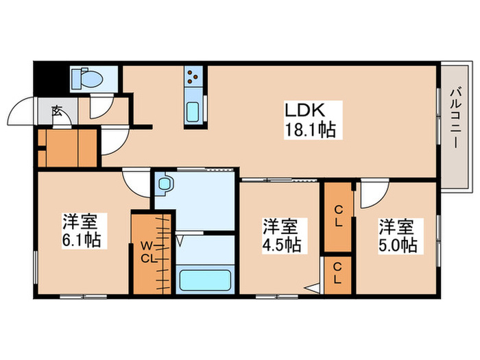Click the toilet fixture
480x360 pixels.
pos(85,79)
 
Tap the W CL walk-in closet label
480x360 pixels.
pos(149,252)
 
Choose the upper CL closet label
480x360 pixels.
pos(339,217)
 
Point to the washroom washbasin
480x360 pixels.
pos(165,184)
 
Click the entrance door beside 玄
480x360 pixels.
pos(21,113)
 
